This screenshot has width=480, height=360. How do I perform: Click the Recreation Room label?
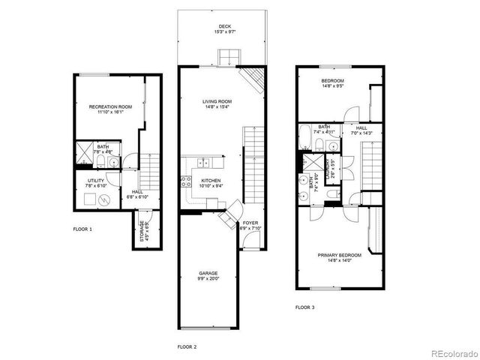110,107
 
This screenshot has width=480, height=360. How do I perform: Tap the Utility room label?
95,181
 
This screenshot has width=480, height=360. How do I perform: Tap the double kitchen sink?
203,162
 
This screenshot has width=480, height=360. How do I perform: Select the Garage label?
208,273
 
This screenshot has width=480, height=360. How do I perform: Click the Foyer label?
250,223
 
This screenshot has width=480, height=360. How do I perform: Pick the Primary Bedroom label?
339,255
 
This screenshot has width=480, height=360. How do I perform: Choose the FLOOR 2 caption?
187,347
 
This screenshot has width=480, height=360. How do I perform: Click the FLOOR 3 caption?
304,307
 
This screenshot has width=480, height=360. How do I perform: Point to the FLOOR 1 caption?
82,229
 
